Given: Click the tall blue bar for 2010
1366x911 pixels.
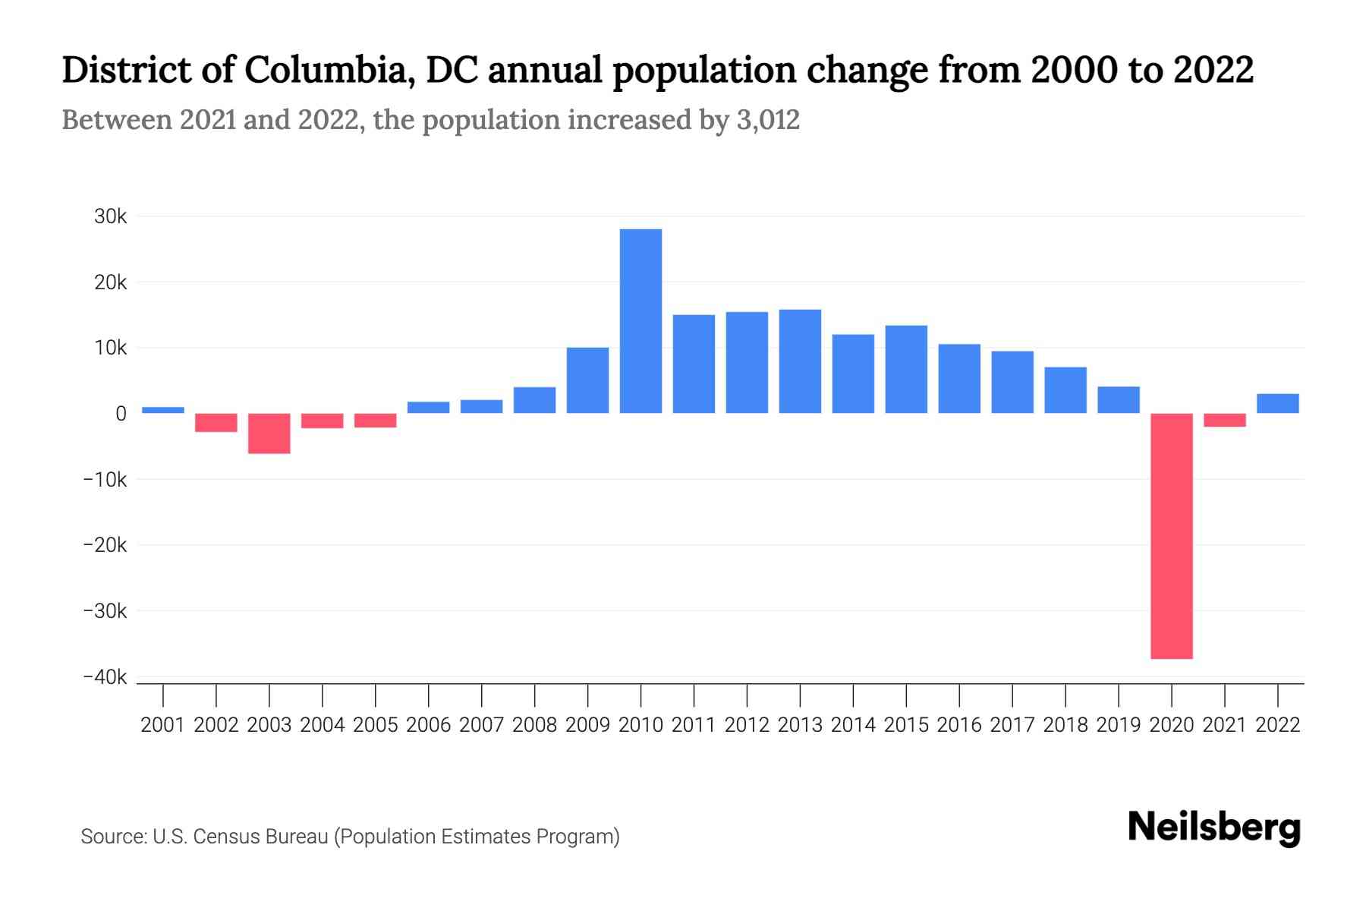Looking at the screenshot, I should pos(641,321).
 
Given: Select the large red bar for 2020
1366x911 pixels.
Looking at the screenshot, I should pos(1171,536).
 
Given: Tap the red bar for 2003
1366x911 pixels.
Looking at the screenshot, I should pos(269,433).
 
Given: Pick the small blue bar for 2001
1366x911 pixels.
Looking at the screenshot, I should pos(163,410).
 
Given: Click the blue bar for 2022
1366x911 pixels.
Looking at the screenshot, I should pos(1277,404).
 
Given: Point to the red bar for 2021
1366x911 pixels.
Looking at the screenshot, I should pos(1224,420).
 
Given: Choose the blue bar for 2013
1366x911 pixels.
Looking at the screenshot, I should pos(800,361).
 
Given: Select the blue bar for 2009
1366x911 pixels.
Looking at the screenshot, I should pos(587,380).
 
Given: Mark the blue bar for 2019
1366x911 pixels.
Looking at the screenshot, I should pos(1118,400).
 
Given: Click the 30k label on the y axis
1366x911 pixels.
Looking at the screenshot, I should pos(111,216).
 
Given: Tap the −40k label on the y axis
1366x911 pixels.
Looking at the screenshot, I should pos(105,677).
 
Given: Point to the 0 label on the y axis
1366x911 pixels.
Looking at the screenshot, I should pos(121,414).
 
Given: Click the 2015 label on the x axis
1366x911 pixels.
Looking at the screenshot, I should pos(906,725).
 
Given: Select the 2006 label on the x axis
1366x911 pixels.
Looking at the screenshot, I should pos(428,725).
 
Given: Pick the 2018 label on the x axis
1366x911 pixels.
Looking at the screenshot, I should pos(1065,725).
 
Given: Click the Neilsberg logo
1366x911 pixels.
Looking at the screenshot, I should pos(1214,827).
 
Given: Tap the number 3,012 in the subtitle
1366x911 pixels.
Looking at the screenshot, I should pos(767,120).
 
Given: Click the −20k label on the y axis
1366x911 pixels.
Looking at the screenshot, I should pos(105,545).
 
